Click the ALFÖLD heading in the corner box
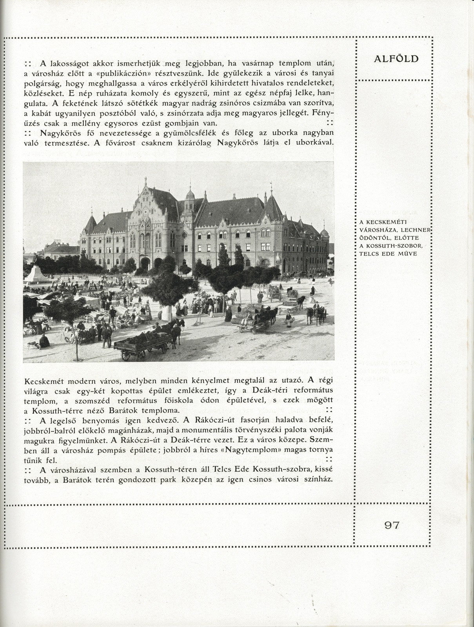(396, 59)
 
